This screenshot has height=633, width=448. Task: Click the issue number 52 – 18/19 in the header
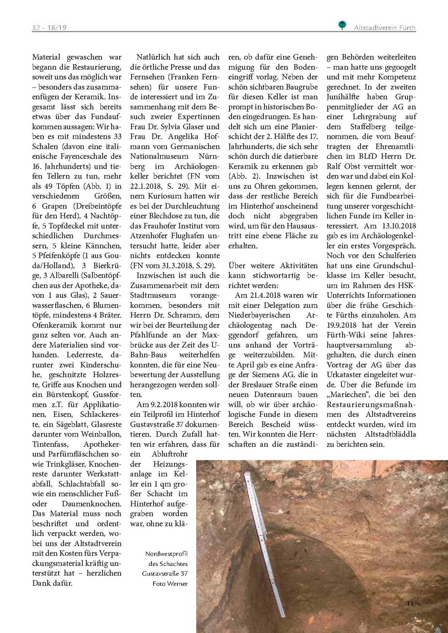coord(49,28)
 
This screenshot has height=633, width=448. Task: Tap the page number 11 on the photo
coord(410,603)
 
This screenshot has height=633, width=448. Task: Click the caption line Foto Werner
coord(170,583)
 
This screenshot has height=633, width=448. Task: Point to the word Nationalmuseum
coord(159,156)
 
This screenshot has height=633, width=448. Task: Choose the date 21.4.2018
coord(267,295)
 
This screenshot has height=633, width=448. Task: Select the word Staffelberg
coord(368,127)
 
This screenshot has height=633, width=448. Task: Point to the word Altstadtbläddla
coord(390,434)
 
